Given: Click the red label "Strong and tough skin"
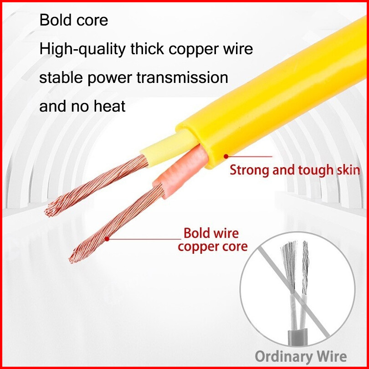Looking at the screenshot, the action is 295,170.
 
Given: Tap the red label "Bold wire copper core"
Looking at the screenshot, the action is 213,240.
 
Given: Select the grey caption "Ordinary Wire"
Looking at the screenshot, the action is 301,356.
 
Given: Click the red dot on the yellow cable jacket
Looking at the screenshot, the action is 225,156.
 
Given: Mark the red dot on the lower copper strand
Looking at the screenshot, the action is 107,238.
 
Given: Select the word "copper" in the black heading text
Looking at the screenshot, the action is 199,49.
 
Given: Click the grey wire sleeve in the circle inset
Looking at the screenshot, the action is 298,339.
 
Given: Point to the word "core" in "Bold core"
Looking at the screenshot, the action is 93,20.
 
